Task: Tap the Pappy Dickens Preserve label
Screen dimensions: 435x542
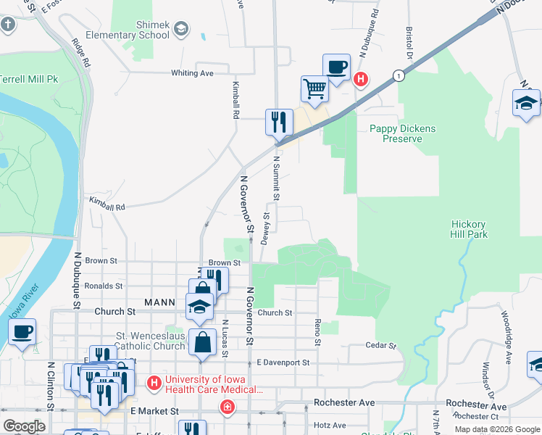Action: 403,133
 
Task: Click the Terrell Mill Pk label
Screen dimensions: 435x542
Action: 28,79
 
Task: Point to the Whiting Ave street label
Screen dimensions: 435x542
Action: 192,73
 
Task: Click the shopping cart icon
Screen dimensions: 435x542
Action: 315,89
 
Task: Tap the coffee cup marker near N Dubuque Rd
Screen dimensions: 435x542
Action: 336,67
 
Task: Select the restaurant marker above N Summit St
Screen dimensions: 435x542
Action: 279,122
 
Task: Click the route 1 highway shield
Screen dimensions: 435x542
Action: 398,75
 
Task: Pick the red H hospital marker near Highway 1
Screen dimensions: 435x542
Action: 360,79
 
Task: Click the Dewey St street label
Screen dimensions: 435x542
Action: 266,228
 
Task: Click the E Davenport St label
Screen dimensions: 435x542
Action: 283,362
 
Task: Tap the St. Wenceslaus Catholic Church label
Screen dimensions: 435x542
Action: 151,341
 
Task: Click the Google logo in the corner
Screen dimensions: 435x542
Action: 24,426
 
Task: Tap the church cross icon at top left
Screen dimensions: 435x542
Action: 8,25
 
